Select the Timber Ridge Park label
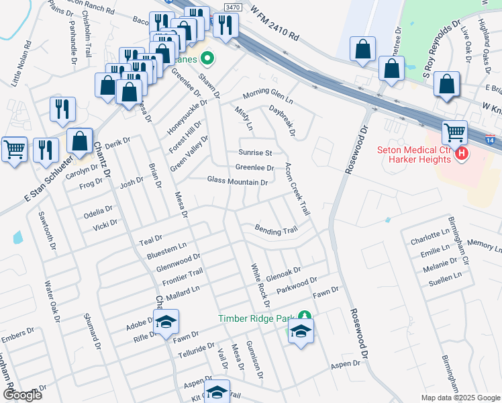(257, 318)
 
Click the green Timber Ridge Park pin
(305, 315)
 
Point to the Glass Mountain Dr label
(238, 181)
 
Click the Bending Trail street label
(275, 230)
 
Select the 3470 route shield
(232, 7)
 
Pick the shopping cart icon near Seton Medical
(455, 132)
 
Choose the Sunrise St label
(256, 153)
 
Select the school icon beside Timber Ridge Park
(301, 330)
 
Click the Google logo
(21, 395)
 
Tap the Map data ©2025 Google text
(460, 398)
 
